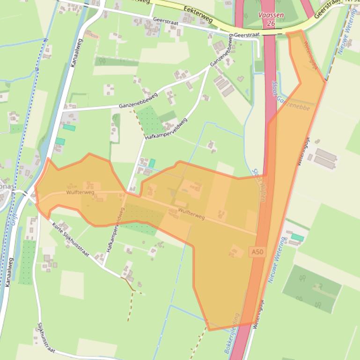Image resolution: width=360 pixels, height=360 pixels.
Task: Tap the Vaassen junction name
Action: [x=271, y=15]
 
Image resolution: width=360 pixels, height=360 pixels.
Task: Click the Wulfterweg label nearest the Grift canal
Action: [x=80, y=192]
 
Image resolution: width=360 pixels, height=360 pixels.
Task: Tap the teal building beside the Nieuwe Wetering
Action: [x=297, y=238]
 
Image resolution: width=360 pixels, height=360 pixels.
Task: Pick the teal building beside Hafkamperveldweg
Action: [x=152, y=163]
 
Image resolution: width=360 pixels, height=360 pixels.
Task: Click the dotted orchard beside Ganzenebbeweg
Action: [x=150, y=120]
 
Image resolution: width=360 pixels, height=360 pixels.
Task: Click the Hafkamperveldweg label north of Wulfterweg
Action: [x=166, y=129]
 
